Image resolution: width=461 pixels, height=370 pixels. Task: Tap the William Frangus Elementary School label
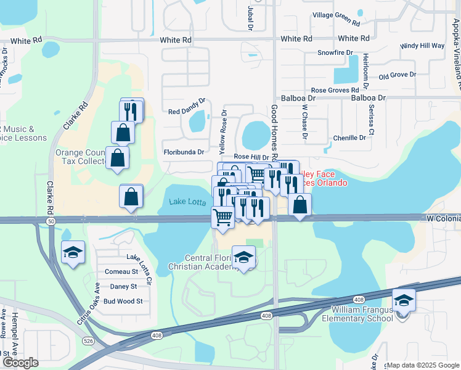[362, 313]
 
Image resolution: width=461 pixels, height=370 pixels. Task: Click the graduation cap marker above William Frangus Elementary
[404, 300]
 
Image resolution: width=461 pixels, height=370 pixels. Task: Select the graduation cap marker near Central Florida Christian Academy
[244, 256]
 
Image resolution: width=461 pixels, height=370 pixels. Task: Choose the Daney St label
[123, 287]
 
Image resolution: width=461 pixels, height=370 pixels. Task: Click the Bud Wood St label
[123, 302]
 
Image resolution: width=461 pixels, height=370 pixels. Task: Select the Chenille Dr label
[349, 138]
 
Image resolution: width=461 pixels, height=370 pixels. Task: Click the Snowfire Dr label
[334, 53]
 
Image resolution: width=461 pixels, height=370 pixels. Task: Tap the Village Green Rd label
[336, 18]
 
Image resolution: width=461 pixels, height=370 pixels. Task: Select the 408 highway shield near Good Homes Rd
[266, 316]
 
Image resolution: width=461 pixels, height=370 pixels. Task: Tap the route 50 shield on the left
[49, 220]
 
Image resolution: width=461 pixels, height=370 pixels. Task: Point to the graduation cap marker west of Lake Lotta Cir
[73, 252]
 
